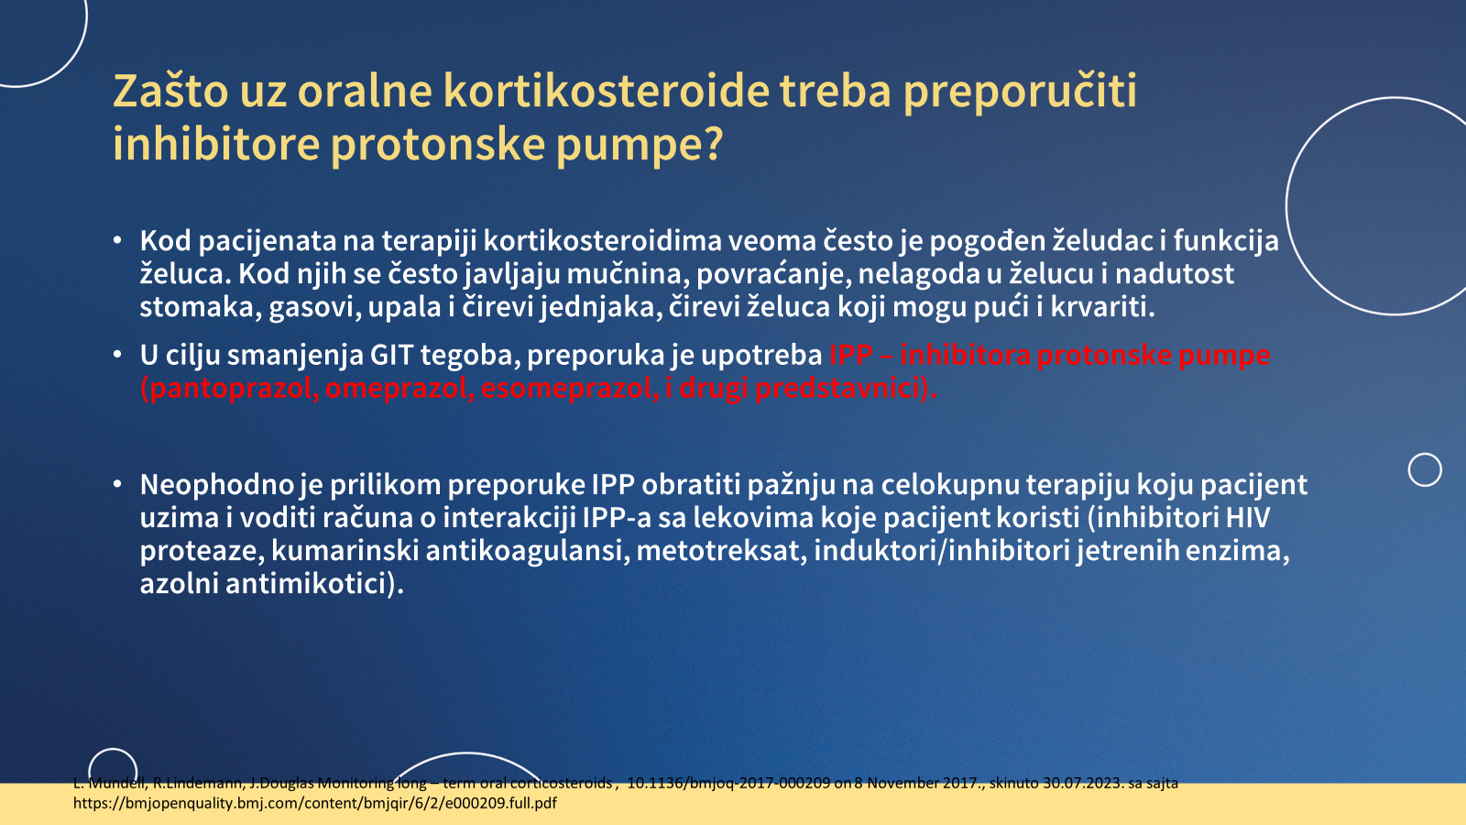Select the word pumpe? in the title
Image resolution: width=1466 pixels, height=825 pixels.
(x=640, y=145)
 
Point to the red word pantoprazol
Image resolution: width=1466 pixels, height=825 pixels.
(x=229, y=389)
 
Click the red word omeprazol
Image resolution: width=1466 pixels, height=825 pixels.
(x=399, y=389)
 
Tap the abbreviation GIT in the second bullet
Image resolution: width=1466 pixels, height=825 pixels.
(x=391, y=355)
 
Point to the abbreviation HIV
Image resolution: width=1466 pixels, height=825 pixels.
(x=1247, y=517)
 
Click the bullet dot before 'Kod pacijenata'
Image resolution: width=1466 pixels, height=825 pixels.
(x=117, y=240)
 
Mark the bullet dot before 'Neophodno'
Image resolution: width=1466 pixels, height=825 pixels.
(x=117, y=485)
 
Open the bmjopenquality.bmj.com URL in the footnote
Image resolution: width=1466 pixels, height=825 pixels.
(x=315, y=803)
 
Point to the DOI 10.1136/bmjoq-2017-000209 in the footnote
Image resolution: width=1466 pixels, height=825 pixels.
(x=728, y=783)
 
